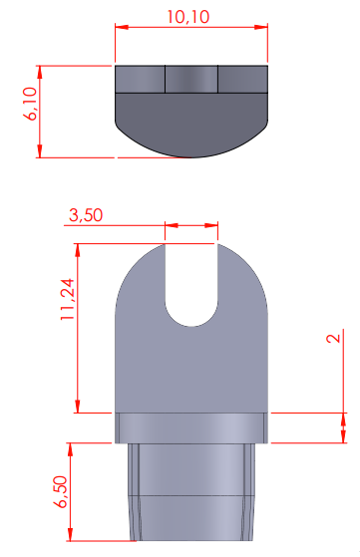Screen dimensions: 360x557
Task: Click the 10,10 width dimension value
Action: [188, 17]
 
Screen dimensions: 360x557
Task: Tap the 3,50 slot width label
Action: [86, 215]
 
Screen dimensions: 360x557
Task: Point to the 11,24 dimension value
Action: [68, 300]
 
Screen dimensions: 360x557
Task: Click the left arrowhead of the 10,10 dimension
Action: [122, 27]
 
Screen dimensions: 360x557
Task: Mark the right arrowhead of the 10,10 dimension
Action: [261, 27]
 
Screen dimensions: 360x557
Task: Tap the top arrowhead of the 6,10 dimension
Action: [40, 72]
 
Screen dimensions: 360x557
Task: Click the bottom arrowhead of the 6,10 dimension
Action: [40, 151]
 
